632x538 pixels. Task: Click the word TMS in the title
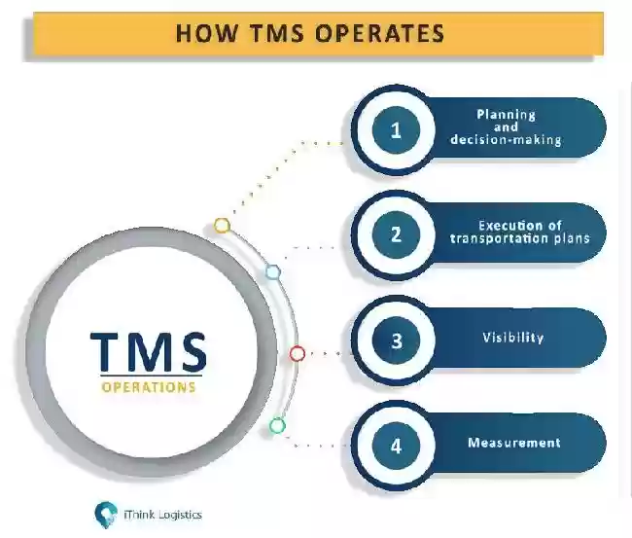[x=277, y=33]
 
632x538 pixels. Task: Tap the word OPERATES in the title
[x=379, y=33]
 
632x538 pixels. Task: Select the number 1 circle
[x=396, y=129]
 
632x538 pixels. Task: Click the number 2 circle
[x=396, y=234]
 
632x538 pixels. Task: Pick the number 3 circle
[x=396, y=340]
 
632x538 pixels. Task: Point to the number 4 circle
[x=396, y=446]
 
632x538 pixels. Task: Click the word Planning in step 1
[x=507, y=115]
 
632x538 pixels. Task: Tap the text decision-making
[x=507, y=139]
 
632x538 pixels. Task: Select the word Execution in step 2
[x=506, y=225]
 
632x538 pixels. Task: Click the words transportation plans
[x=520, y=238]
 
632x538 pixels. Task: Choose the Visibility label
[x=513, y=338]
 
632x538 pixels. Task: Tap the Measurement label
[x=514, y=443]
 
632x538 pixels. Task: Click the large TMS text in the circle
[x=149, y=351]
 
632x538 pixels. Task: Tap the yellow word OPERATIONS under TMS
[x=149, y=387]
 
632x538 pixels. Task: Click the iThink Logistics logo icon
[x=106, y=515]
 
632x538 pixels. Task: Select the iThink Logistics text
[x=162, y=515]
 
